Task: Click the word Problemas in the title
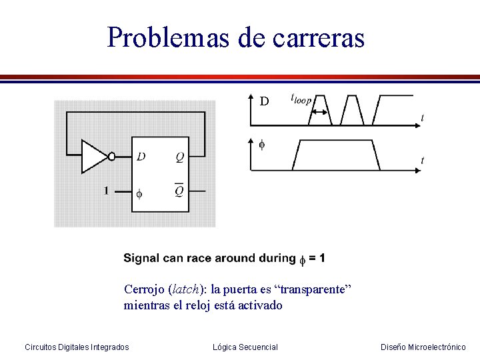coord(169,37)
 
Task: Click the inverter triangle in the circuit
coord(93,156)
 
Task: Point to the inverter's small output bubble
coord(112,157)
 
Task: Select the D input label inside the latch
coord(141,157)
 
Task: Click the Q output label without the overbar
coord(180,157)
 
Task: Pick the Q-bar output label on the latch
coord(180,191)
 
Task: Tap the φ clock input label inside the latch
coord(139,194)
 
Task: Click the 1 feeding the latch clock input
coord(106,191)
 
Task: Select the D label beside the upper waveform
coord(264,101)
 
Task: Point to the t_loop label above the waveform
coord(301,99)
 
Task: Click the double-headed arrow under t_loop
coord(319,111)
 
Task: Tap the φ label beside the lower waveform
coord(261,145)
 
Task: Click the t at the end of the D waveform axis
coord(423,118)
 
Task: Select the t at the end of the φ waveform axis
coord(423,160)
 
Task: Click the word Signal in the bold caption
coord(141,258)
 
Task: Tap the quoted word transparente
coord(313,289)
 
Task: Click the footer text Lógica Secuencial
coord(245,347)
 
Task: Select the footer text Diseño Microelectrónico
coord(423,347)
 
